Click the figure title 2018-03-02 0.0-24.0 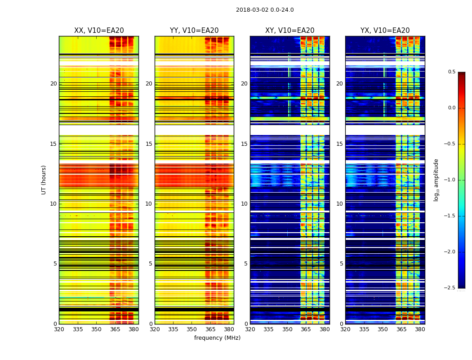point(265,10)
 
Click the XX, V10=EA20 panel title point(99,31)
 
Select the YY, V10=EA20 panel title point(194,31)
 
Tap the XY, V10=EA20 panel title point(289,31)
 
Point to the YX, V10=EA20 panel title point(385,31)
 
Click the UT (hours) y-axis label point(44,180)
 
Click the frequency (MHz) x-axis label point(217,338)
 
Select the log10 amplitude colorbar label point(436,180)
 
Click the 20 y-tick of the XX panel point(53,84)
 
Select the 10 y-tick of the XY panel point(244,204)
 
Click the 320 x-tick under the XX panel point(59,329)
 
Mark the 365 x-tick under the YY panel point(210,329)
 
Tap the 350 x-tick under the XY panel point(287,329)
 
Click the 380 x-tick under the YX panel point(420,329)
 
